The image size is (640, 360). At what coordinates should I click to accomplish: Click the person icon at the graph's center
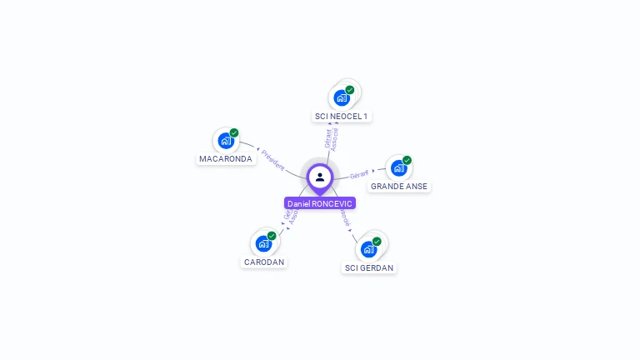tap(320, 177)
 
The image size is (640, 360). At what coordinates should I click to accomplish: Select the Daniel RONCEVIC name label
tap(320, 203)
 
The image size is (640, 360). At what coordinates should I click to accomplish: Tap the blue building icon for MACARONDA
tap(225, 141)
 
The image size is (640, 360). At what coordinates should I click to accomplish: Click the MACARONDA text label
tap(226, 158)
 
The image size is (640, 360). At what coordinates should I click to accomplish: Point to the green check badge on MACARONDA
tap(234, 132)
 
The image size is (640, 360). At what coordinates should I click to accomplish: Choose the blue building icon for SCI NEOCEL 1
tap(341, 98)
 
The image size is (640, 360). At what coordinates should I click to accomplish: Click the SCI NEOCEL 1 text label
tap(341, 116)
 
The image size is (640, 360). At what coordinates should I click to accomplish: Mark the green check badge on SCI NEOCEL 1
tap(350, 90)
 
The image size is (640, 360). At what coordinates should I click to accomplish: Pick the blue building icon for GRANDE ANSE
tap(398, 168)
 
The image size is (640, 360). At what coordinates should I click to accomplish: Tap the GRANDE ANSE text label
tap(399, 187)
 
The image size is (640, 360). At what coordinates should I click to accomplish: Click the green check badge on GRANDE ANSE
tap(407, 160)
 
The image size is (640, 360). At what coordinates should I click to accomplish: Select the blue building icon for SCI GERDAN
tap(368, 249)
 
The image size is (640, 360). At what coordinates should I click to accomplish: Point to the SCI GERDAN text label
tap(369, 267)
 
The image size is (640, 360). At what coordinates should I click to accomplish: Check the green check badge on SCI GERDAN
tap(377, 242)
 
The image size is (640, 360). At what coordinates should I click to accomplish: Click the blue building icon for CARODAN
tap(263, 244)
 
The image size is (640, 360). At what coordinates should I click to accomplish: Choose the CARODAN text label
tap(264, 262)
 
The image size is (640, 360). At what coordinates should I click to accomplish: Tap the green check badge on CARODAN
tap(272, 236)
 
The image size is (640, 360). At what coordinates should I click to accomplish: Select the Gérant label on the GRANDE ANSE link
tap(359, 175)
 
